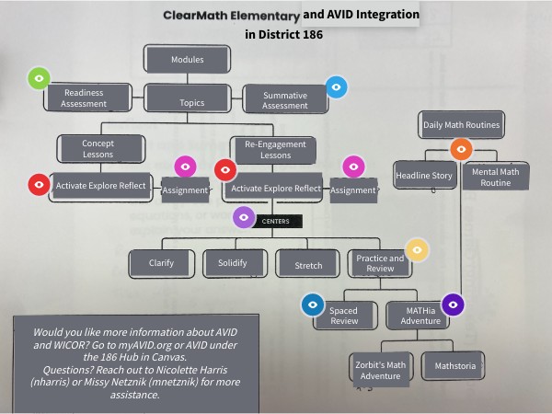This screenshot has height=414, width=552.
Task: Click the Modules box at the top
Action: [x=188, y=60]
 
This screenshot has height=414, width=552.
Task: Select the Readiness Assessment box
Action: [x=84, y=98]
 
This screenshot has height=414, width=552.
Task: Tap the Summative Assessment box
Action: [x=284, y=98]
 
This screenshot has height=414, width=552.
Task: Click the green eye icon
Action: [x=39, y=79]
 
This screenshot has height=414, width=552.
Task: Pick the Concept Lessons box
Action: [x=98, y=149]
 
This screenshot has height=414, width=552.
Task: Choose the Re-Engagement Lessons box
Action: [x=273, y=150]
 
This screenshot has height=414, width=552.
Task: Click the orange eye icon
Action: [x=461, y=150]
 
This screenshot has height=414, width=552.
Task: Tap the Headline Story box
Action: [x=424, y=175]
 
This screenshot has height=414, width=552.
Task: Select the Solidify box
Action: [x=230, y=263]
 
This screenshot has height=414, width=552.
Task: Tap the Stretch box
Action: [x=308, y=265]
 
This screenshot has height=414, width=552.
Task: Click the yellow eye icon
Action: [x=418, y=249]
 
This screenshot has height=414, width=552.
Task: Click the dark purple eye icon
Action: [x=453, y=304]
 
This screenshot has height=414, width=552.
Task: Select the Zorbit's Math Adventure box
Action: [x=380, y=369]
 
